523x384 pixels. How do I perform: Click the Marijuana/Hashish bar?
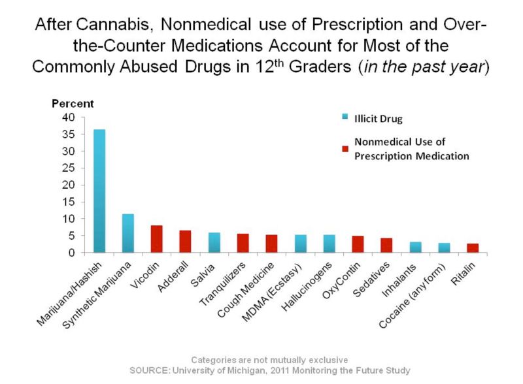pos(99,191)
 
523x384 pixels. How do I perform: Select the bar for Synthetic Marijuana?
pos(128,233)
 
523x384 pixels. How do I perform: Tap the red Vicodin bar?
pos(157,238)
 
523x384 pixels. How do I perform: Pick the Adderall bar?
pos(186,242)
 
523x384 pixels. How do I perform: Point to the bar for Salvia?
pos(214,242)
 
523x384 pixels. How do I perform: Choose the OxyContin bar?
pos(358,244)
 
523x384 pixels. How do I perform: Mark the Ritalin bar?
pos(473,248)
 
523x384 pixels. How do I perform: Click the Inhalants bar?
pos(416,247)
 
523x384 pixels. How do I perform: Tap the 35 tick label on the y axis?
pos(69,135)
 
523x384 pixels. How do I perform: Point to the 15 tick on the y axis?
pos(69,202)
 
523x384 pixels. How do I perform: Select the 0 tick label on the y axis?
pos(72,253)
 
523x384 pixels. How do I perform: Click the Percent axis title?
pos(73,104)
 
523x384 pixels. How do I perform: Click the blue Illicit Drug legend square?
pos(345,117)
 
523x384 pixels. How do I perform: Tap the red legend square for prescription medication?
pos(345,149)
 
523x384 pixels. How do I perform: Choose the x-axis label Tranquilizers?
pos(222,283)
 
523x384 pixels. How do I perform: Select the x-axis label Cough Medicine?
pos(246,290)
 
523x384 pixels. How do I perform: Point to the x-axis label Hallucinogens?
pos(307,286)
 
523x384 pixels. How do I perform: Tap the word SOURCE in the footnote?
pos(150,371)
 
